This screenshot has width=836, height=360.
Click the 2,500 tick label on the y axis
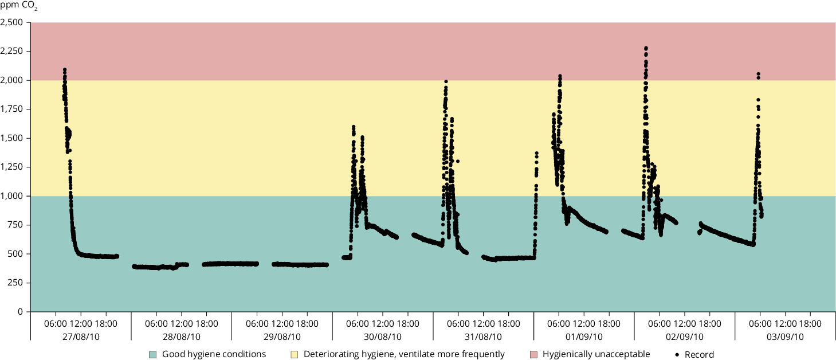tap(11, 23)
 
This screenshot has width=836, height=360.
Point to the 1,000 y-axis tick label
tap(11, 196)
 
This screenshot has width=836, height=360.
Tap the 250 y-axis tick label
tap(15, 283)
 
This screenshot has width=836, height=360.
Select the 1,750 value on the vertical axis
tap(11, 109)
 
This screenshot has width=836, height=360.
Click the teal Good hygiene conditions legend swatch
tap(152, 354)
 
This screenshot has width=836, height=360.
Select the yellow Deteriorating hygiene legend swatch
tap(294, 354)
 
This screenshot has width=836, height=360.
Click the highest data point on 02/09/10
tap(646, 48)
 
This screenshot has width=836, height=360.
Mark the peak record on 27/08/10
tap(65, 70)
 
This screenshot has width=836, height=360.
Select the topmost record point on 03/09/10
tap(758, 74)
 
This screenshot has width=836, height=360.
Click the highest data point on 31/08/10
tap(446, 81)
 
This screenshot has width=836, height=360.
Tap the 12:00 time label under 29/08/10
tap(282, 323)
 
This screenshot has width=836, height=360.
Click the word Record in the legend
tap(699, 354)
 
